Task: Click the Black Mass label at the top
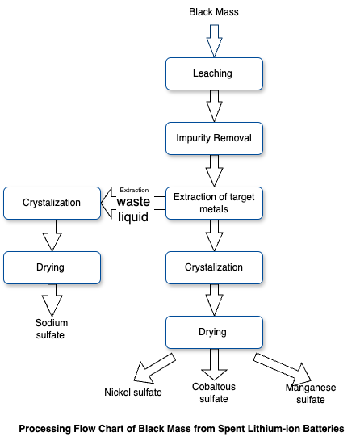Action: click(214, 12)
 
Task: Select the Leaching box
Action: click(214, 74)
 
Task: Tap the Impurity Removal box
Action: click(214, 138)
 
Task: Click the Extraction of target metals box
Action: click(214, 204)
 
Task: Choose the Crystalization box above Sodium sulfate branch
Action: click(52, 204)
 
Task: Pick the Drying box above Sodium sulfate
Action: click(52, 267)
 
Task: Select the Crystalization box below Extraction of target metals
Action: click(214, 267)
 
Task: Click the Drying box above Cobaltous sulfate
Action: click(214, 332)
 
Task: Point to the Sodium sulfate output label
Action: click(52, 329)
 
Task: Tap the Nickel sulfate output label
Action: click(133, 393)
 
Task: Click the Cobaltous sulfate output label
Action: click(214, 393)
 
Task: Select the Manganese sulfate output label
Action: click(311, 393)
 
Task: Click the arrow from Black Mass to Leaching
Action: click(214, 41)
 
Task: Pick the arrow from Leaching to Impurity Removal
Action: click(214, 106)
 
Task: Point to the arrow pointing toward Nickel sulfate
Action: click(153, 369)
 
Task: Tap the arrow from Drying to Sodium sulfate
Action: click(52, 300)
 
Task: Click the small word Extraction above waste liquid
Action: click(134, 190)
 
